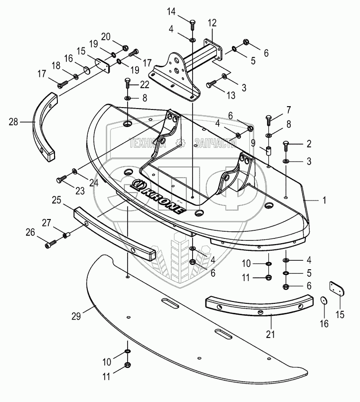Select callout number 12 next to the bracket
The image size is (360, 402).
coord(212,23)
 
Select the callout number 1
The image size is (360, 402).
coord(324,201)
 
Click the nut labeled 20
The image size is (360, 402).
coord(125,47)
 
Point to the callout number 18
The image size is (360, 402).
coord(55,65)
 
